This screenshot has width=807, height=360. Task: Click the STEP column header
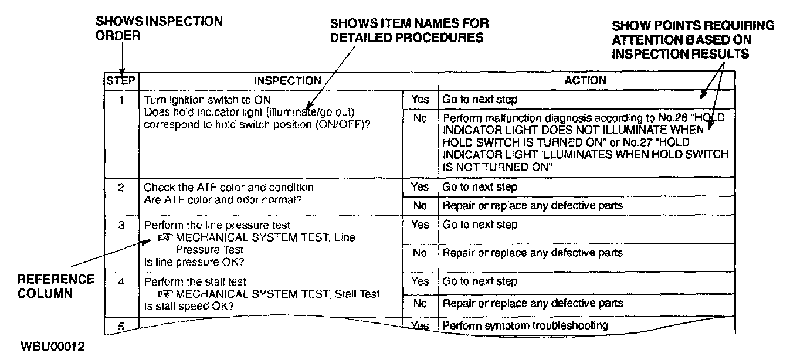point(121,80)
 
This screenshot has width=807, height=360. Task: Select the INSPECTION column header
point(287,81)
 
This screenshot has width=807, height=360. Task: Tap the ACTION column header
point(585,80)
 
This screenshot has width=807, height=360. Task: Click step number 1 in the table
point(121,99)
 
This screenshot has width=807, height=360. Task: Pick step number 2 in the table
point(121,188)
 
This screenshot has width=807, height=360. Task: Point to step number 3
point(121,225)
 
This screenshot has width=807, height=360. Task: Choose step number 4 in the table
point(121,281)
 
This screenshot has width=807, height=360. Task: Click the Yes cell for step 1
point(420,99)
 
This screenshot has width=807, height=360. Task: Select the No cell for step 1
point(420,118)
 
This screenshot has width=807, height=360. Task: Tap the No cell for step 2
point(420,206)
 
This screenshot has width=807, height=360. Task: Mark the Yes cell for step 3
point(420,225)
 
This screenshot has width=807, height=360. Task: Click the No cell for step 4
point(420,304)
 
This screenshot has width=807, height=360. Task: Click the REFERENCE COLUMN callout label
point(56,286)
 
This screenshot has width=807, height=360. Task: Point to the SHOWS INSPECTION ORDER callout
point(158,28)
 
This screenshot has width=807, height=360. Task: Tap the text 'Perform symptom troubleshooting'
point(525,325)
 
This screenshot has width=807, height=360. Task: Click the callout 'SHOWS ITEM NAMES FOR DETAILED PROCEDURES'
point(409,30)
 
